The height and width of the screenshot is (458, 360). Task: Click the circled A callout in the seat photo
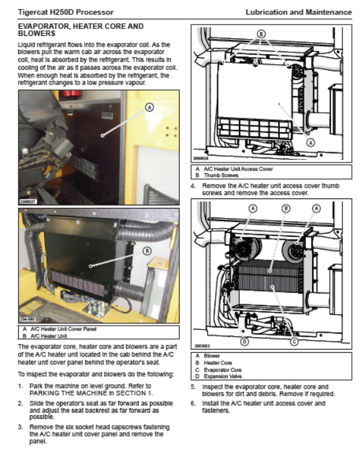pos(149,108)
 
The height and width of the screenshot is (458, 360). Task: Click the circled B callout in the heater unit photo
pos(147,251)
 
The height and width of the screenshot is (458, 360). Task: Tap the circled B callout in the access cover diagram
pos(261,34)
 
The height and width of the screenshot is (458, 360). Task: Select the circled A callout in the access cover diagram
pos(311,142)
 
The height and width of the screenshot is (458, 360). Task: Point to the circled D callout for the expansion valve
pos(245,341)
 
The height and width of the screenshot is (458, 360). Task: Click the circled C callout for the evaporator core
pos(294,341)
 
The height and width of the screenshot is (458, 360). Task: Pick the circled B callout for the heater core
pos(286,209)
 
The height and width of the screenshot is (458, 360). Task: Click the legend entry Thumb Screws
pos(221,175)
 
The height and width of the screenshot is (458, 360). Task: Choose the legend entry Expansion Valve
pos(223,376)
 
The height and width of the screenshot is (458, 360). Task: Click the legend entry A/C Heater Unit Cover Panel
pos(64,329)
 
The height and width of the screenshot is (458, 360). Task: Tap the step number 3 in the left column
pos(20,427)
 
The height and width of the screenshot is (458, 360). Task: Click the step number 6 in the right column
pos(193,403)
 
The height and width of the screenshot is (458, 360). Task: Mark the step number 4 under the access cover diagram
pos(193,186)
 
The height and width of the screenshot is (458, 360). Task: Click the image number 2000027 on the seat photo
pos(28,201)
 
